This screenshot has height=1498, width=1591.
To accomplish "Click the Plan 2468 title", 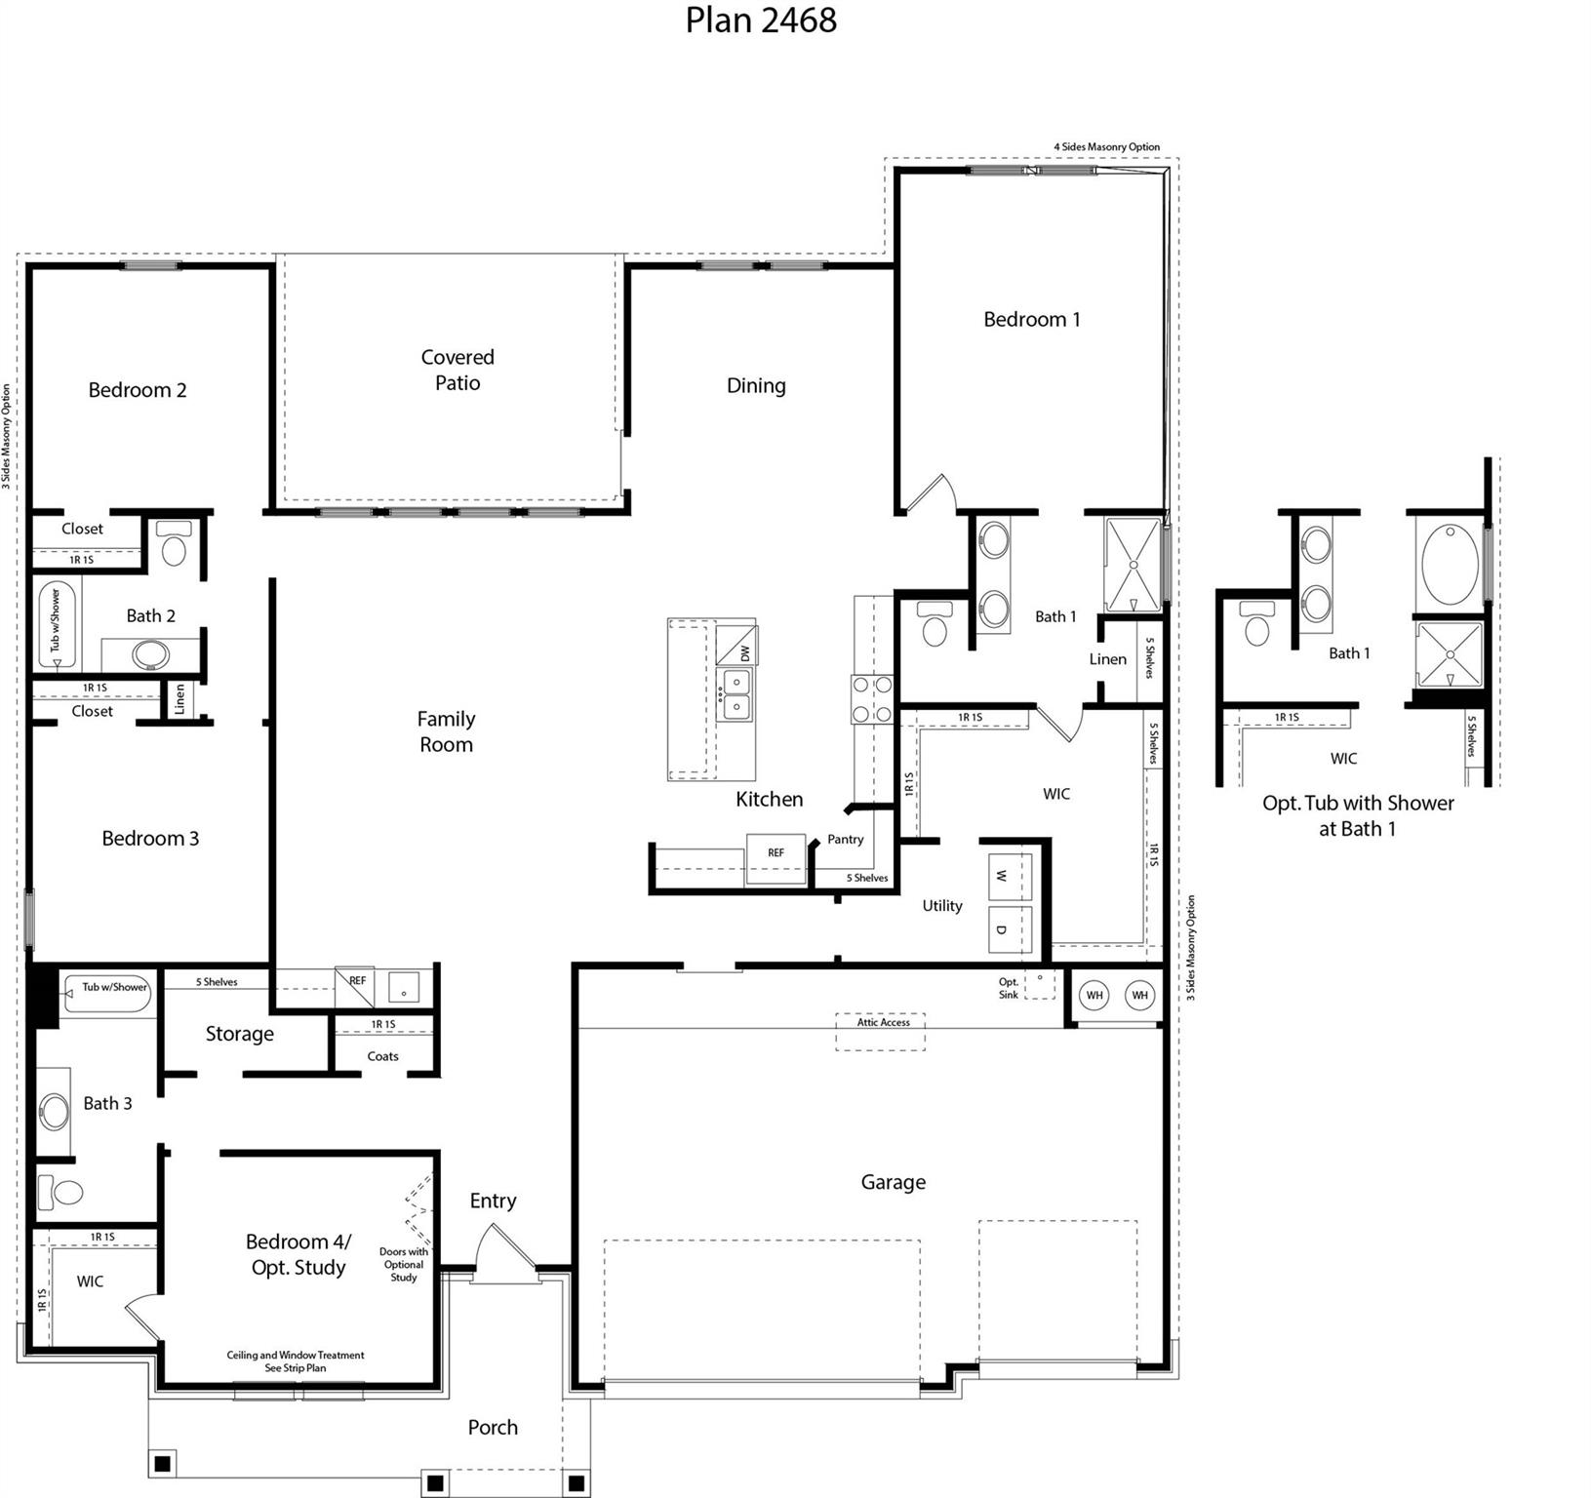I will pyautogui.click(x=760, y=20).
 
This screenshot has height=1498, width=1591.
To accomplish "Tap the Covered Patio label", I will pyautogui.click(x=457, y=370).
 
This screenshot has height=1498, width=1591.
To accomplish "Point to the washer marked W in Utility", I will pyautogui.click(x=1010, y=876).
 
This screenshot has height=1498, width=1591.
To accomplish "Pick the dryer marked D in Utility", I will pyautogui.click(x=1010, y=929).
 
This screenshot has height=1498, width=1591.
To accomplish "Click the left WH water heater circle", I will pyautogui.click(x=1094, y=995).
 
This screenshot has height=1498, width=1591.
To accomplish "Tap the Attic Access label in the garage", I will pyautogui.click(x=883, y=1022).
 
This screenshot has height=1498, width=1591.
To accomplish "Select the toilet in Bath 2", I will pyautogui.click(x=175, y=546).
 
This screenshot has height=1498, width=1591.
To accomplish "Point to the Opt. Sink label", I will pyautogui.click(x=1009, y=989).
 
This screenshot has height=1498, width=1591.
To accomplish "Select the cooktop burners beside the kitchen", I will pyautogui.click(x=872, y=699).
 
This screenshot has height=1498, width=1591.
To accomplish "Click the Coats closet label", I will pyautogui.click(x=382, y=1056).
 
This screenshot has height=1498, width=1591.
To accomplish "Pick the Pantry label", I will pyautogui.click(x=845, y=839).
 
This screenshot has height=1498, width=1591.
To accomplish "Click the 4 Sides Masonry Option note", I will pyautogui.click(x=1106, y=147).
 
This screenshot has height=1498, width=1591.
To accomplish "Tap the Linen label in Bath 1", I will pyautogui.click(x=1107, y=659).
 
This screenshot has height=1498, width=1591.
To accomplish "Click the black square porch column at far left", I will pyautogui.click(x=163, y=1463).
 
